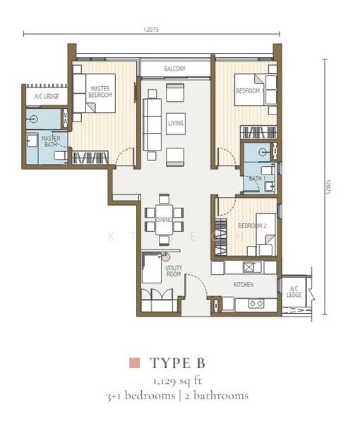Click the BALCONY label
174,69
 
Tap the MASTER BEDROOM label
101,91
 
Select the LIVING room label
176,124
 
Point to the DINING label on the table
164,220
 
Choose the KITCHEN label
244,285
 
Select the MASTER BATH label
50,141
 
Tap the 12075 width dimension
152,30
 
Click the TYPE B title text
177,363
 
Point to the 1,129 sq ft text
177,381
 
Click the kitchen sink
249,267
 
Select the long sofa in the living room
152,124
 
